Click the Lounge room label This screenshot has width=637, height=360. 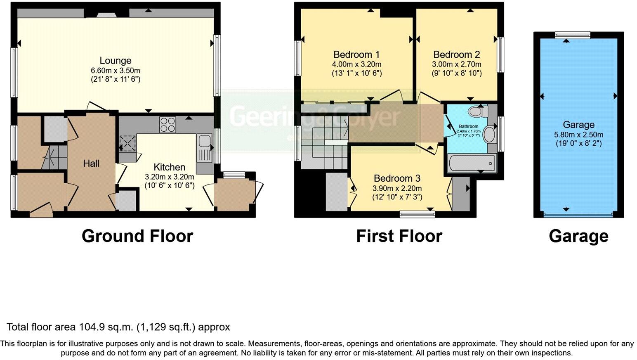click(116, 61)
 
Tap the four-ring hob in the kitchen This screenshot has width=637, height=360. click(168, 125)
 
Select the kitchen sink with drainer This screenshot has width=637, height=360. click(204, 148)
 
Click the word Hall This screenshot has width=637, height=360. click(91, 163)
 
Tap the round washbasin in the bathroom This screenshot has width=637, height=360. click(490, 135)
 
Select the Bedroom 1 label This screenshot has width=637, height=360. click(356, 54)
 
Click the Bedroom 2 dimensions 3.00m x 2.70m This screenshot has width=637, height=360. click(456, 64)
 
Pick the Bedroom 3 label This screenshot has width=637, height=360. click(397, 178)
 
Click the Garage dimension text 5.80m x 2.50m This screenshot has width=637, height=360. click(578, 135)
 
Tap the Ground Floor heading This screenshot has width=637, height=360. click(137, 236)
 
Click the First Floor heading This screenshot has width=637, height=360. click(399, 236)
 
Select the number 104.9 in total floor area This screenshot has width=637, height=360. click(92, 327)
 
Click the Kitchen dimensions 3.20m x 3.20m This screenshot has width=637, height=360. click(169, 177)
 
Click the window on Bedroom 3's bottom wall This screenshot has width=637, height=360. click(417, 213)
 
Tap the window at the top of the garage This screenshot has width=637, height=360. click(572, 35)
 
